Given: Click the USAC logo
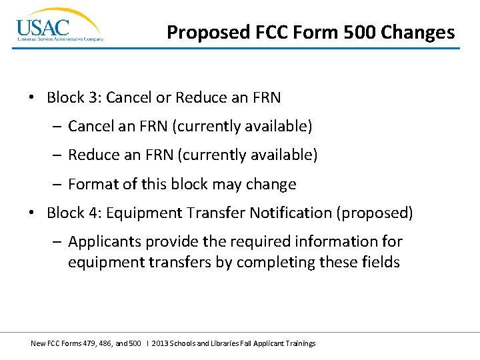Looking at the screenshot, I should click(x=59, y=26).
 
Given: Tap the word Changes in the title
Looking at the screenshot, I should click(x=423, y=32).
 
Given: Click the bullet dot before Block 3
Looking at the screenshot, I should click(x=32, y=98).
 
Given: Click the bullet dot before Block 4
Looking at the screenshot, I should click(x=32, y=213).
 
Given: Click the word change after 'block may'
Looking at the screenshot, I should click(x=271, y=184).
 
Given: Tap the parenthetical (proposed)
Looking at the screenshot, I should click(x=375, y=213).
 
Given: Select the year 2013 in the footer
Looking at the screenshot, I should click(x=159, y=343).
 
